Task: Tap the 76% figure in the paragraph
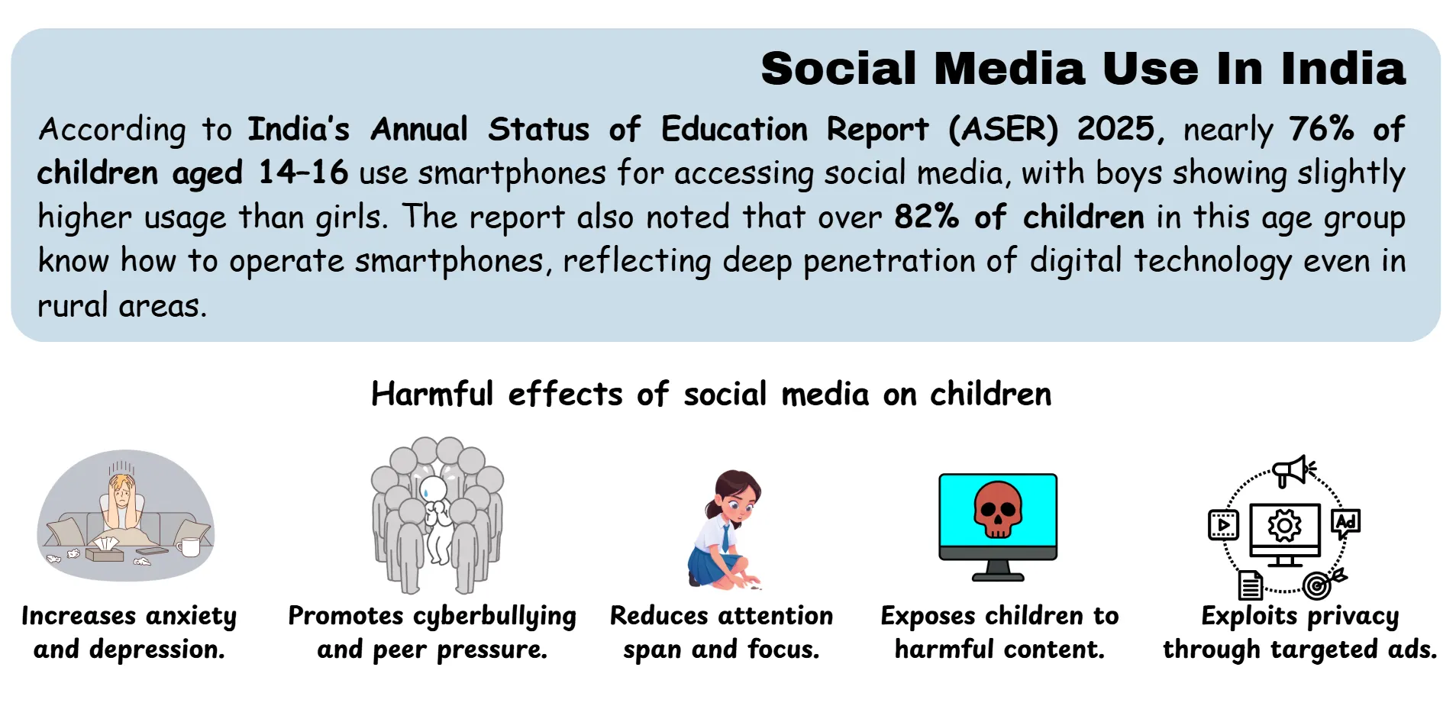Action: click(1321, 128)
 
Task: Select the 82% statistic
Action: click(926, 217)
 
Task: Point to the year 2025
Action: click(1116, 128)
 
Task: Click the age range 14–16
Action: click(303, 172)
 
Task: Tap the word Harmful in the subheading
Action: click(432, 395)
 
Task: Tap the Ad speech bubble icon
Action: click(1345, 523)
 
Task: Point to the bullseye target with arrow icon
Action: click(1319, 585)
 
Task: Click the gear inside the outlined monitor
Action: click(1284, 526)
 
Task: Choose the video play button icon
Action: click(1223, 525)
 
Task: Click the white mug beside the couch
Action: click(189, 546)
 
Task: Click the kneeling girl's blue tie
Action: click(725, 539)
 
